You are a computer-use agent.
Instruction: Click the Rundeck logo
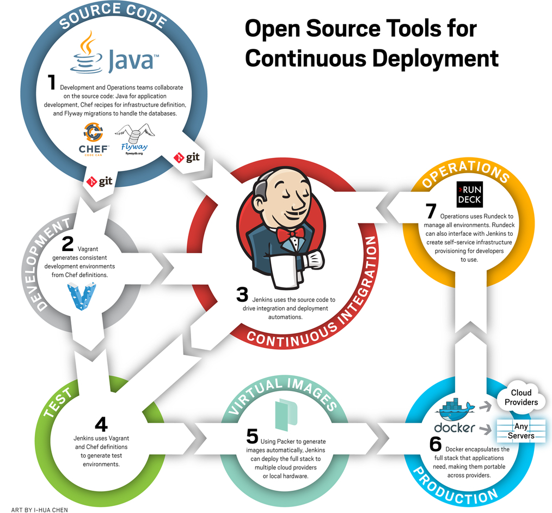pyautogui.click(x=469, y=194)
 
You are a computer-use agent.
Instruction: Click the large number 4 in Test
pyautogui.click(x=101, y=425)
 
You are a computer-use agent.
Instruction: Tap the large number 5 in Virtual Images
pyautogui.click(x=252, y=436)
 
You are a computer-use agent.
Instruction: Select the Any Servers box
pyautogui.click(x=521, y=431)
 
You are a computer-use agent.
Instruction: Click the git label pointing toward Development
pyautogui.click(x=99, y=181)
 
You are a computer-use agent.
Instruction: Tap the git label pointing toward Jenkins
pyautogui.click(x=187, y=157)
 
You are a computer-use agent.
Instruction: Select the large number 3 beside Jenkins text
pyautogui.click(x=242, y=295)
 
